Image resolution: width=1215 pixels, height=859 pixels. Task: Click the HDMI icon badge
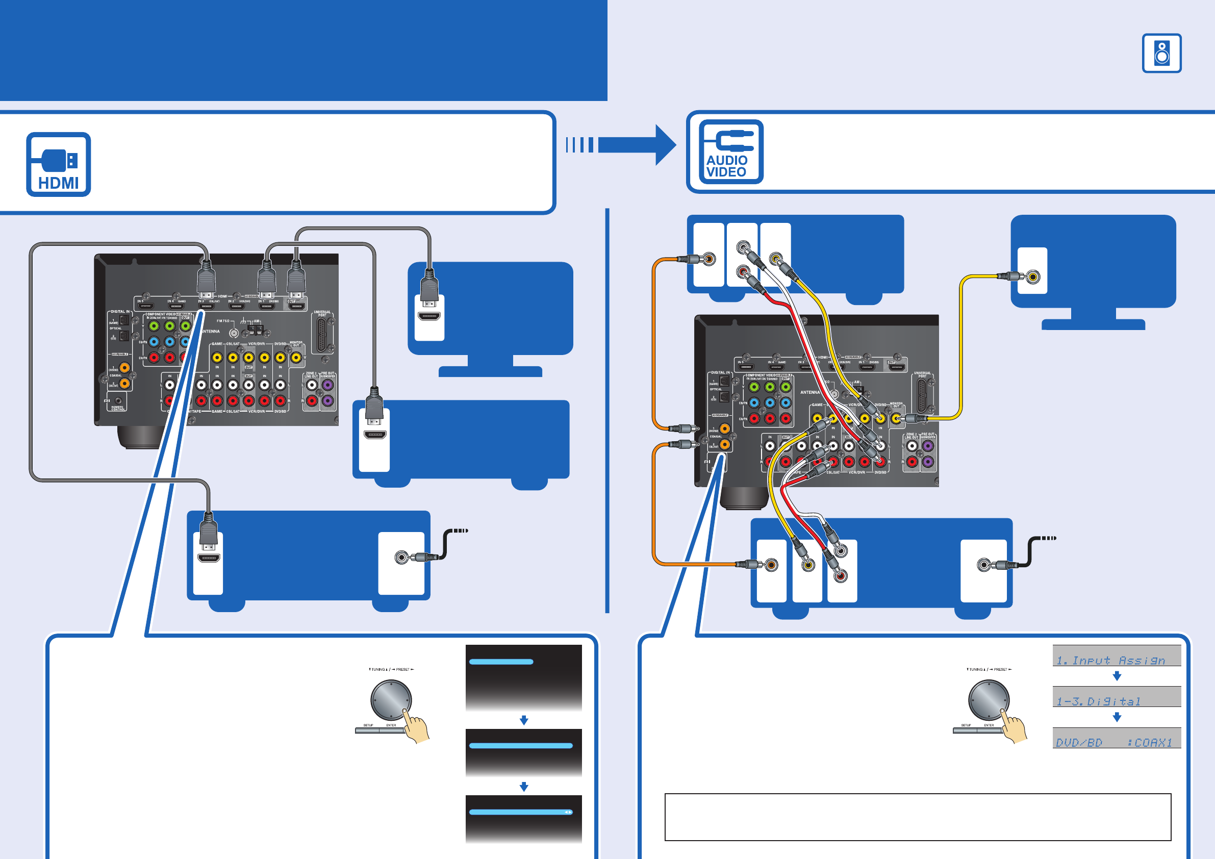click(58, 164)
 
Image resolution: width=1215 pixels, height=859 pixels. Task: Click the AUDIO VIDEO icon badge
click(731, 152)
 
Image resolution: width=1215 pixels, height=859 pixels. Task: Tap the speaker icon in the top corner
click(1161, 53)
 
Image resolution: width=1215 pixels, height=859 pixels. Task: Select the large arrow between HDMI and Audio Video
click(635, 144)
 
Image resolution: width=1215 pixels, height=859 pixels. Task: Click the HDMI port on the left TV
click(428, 316)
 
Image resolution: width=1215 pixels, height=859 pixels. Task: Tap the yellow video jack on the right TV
click(1032, 276)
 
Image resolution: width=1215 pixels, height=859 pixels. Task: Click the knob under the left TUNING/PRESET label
click(391, 699)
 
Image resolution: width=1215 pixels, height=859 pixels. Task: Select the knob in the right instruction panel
click(988, 699)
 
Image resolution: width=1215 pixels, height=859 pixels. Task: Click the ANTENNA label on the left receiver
click(211, 332)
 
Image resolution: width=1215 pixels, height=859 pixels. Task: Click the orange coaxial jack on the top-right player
click(709, 259)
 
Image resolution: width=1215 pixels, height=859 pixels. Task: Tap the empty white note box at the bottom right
click(918, 817)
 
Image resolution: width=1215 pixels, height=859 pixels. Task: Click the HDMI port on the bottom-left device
click(209, 558)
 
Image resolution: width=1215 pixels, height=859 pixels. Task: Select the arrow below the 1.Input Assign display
click(1117, 676)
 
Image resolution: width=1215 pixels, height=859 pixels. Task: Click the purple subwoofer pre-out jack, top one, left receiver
click(327, 385)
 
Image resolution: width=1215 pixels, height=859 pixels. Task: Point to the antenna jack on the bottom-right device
click(983, 565)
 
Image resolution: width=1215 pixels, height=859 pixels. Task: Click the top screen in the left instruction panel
click(523, 677)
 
